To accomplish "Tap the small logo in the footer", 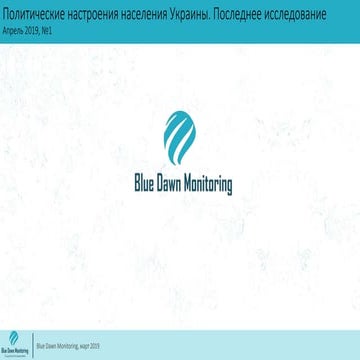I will [x=14, y=345].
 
